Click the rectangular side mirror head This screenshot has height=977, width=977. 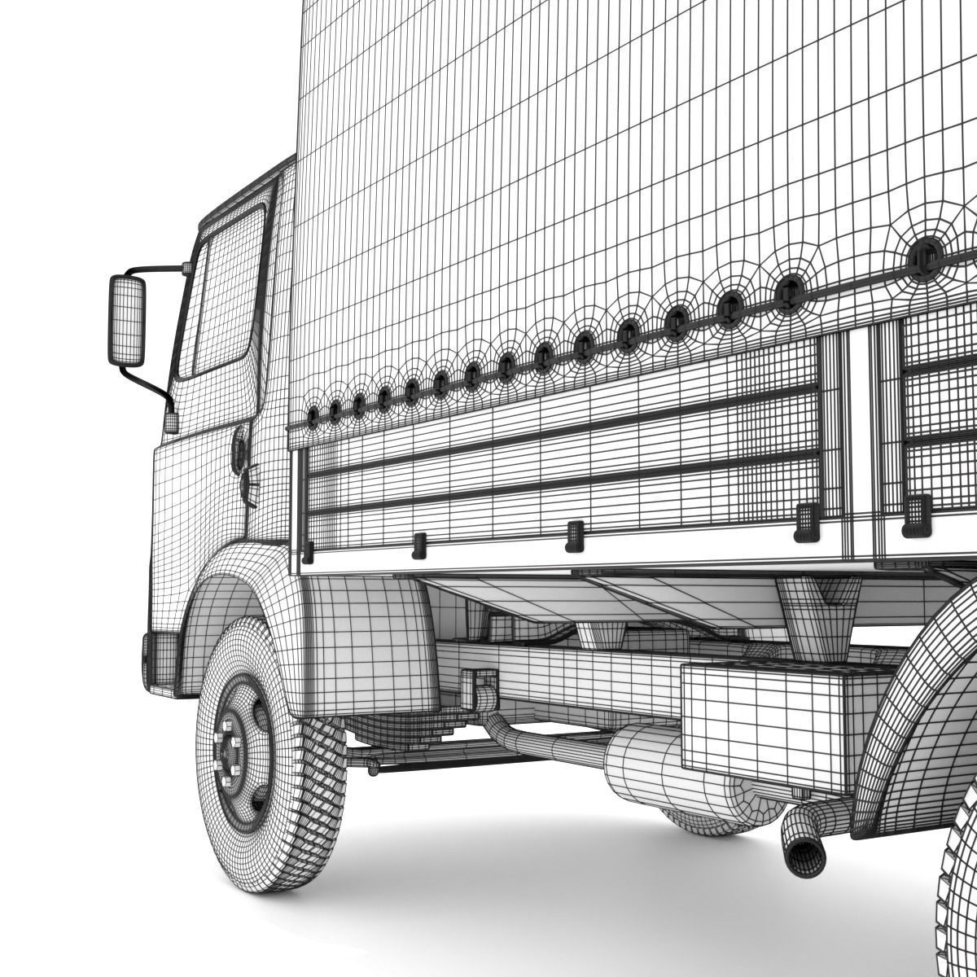tap(126, 321)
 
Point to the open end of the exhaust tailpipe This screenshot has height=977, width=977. tap(804, 857)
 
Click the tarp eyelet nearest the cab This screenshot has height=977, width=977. tap(312, 415)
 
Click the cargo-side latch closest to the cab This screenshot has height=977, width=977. tap(308, 552)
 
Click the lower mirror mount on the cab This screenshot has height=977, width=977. tap(170, 422)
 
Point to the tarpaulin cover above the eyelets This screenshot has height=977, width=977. tap(570, 163)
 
